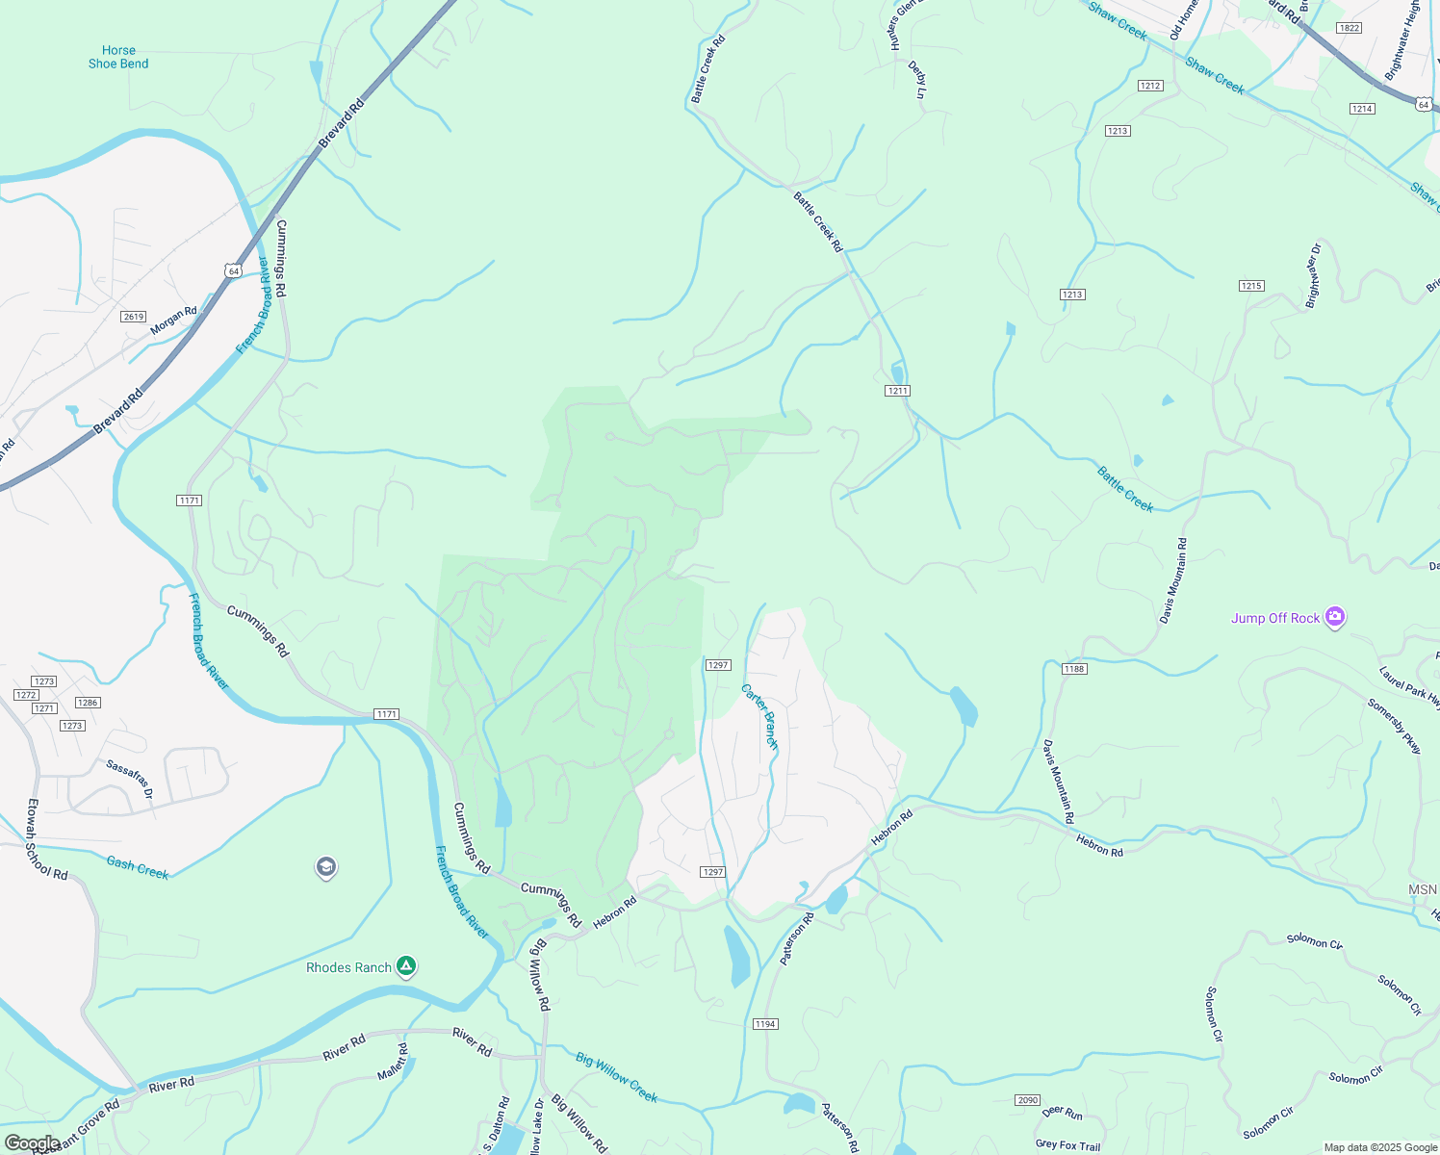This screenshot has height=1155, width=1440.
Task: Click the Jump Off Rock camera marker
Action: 1334,617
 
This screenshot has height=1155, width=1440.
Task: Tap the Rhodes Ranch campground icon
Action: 406,966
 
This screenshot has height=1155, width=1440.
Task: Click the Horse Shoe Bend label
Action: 118,57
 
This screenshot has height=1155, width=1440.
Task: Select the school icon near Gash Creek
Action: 326,867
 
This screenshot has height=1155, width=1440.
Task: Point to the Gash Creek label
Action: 138,868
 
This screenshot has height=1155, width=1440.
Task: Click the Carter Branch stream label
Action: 759,716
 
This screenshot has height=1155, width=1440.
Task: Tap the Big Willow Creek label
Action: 617,1077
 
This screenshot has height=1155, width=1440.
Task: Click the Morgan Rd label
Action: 173,321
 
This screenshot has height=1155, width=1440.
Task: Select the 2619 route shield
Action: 133,317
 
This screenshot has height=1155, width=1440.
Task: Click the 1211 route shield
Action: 898,391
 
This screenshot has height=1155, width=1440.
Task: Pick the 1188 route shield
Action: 1074,669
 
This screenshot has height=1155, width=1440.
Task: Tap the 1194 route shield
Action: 765,1024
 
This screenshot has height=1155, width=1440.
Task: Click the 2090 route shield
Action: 1027,1100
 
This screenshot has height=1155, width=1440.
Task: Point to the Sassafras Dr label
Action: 129,779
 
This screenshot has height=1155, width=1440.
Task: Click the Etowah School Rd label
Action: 47,839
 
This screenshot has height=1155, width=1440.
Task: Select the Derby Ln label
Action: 917,80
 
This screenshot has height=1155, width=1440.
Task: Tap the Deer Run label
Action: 1062,1113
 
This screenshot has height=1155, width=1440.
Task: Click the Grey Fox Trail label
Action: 1067,1145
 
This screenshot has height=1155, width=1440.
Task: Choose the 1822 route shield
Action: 1350,28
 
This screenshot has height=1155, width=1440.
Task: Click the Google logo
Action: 32,1143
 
